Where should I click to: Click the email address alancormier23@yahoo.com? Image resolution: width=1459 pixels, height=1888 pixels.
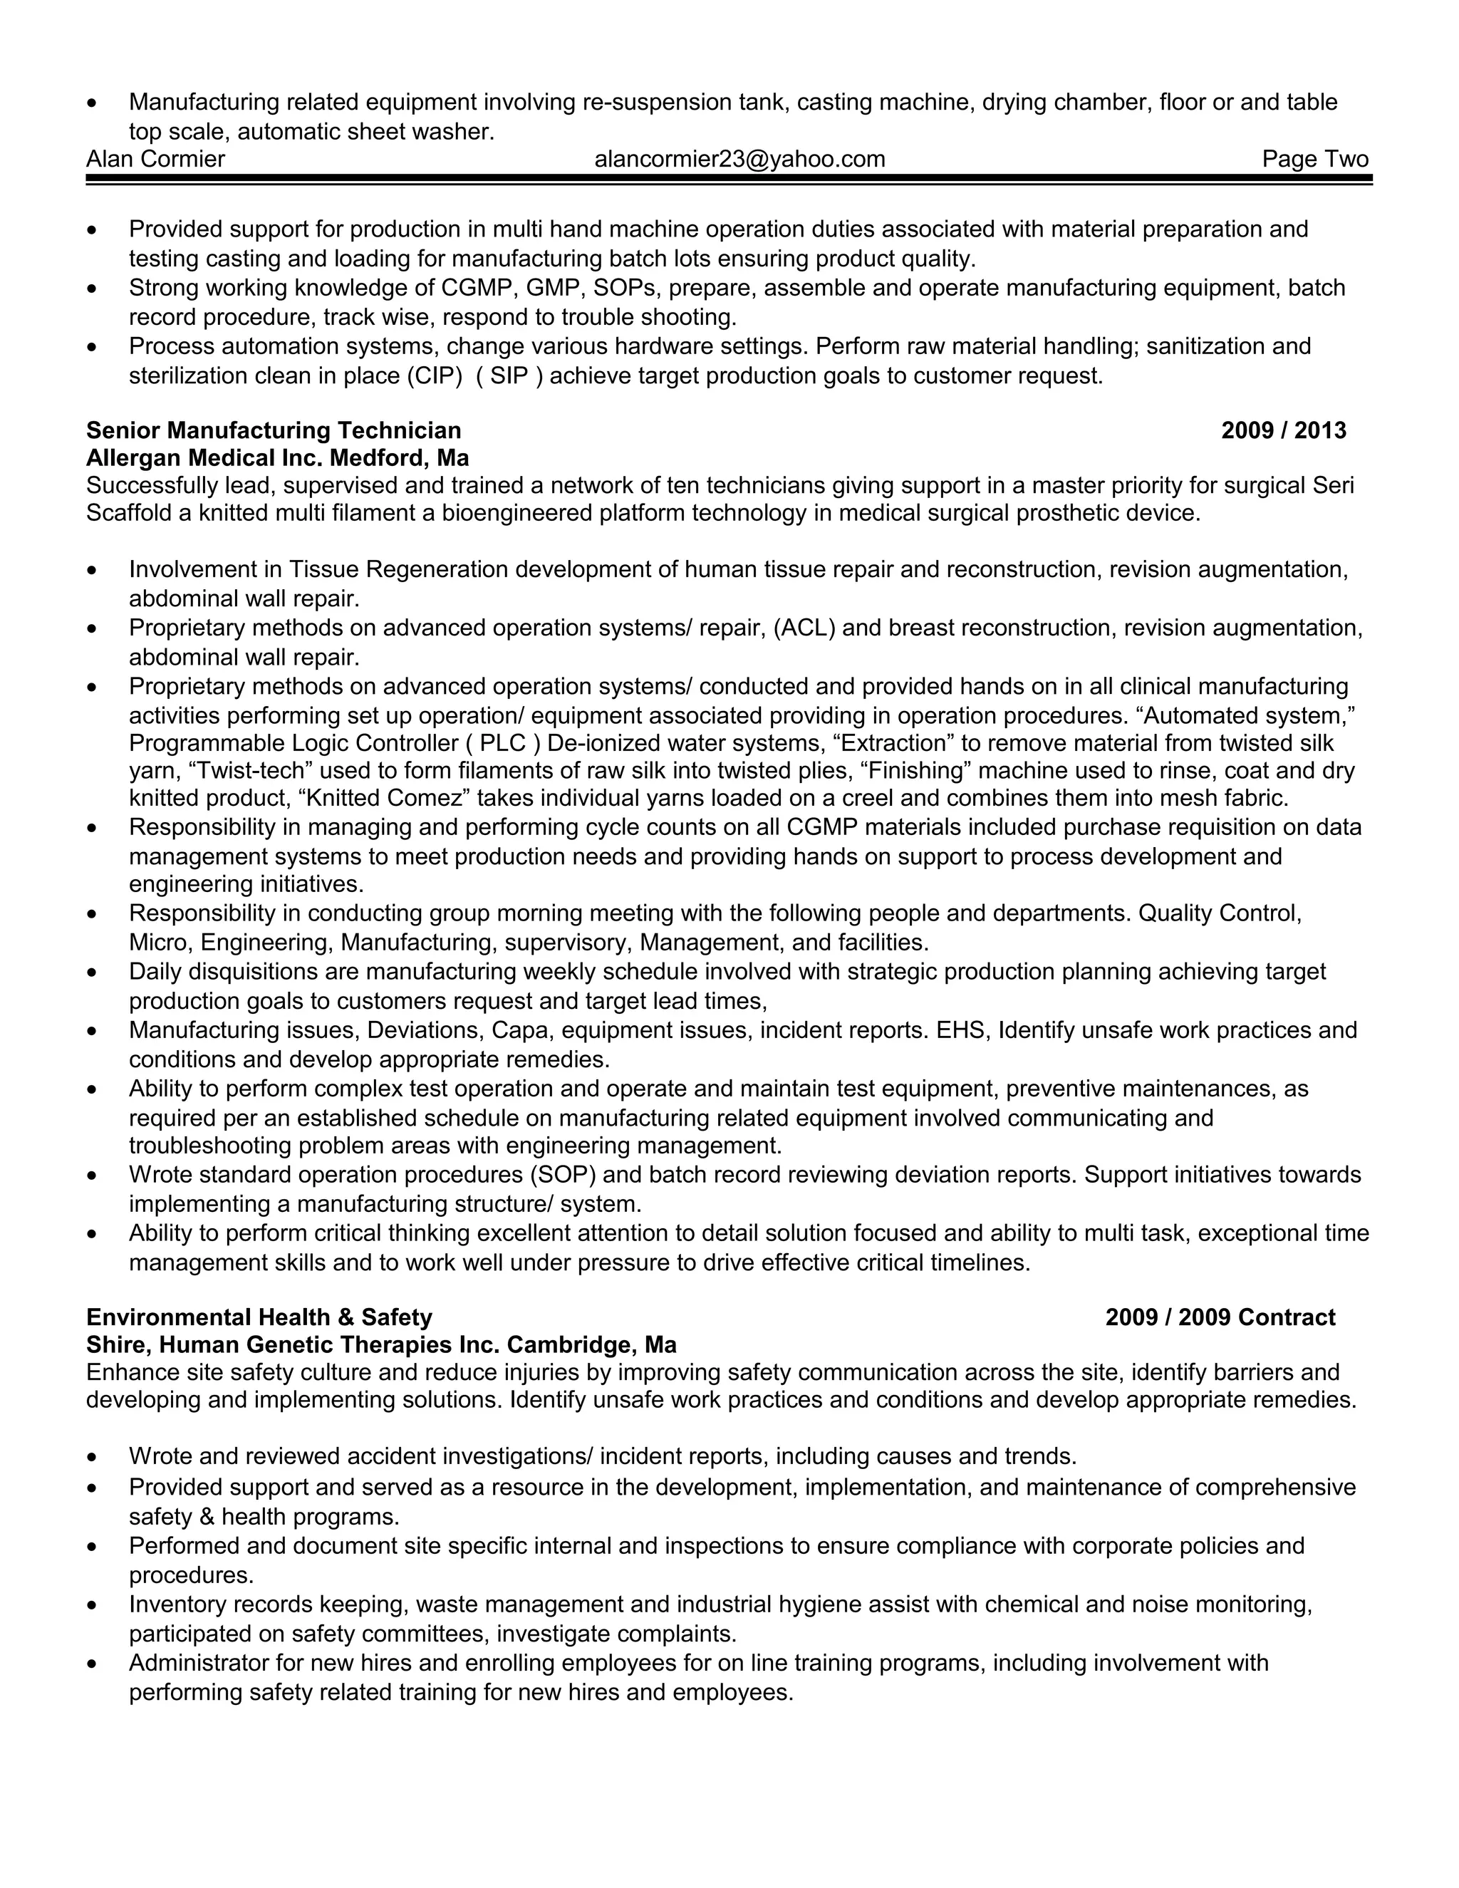click(740, 159)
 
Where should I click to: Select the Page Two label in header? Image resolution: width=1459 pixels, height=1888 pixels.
click(1314, 159)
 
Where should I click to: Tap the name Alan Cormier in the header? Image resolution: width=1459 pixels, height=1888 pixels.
click(155, 159)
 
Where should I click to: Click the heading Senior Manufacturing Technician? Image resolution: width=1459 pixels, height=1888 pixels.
click(274, 430)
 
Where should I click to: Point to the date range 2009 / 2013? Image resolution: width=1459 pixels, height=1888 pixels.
click(1284, 430)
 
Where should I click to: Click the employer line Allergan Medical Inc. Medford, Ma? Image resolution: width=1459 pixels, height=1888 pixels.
click(277, 457)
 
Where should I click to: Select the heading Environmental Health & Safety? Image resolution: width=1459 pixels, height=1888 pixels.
click(259, 1317)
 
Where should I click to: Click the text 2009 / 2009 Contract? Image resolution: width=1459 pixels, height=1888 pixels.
click(1220, 1317)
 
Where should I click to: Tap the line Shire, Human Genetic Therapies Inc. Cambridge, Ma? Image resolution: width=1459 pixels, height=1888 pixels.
click(381, 1345)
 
